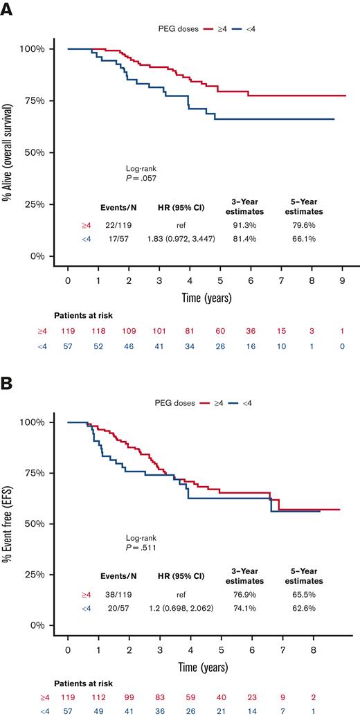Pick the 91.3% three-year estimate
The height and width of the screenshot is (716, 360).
coord(246,225)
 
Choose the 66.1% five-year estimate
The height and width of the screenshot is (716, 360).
coord(304,238)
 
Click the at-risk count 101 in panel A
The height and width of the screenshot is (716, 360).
coord(160,330)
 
